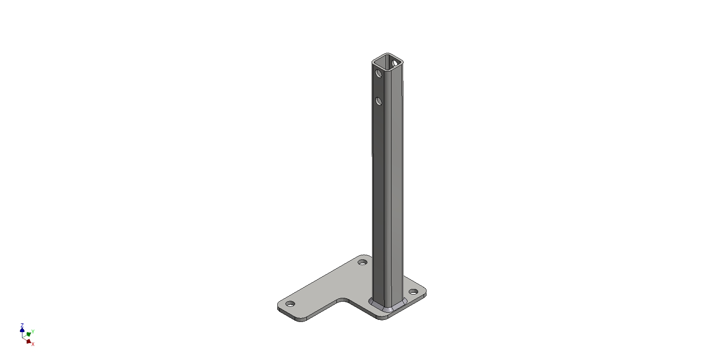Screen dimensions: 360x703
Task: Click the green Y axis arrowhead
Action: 28,334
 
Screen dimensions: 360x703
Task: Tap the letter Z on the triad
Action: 22,326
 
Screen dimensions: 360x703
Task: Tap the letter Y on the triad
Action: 33,332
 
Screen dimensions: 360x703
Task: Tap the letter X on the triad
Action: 33,344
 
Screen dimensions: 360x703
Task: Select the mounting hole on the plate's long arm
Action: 290,304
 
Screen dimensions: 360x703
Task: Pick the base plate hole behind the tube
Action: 362,262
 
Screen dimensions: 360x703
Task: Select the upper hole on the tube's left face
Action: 378,74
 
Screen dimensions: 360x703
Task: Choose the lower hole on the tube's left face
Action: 378,101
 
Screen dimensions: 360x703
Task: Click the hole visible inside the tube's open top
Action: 395,63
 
